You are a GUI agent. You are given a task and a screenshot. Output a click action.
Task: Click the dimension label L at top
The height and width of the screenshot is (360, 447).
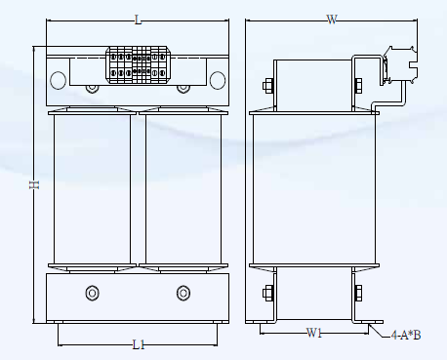139,20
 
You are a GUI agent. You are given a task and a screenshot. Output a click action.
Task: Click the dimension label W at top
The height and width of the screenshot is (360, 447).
332,20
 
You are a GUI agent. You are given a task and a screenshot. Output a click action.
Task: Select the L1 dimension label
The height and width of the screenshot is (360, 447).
139,344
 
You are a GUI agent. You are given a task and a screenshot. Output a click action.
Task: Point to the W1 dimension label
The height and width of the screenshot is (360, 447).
314,333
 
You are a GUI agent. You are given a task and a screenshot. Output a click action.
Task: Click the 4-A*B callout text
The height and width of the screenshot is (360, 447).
406,335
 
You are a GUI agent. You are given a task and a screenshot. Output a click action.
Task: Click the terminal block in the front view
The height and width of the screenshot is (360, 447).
139,65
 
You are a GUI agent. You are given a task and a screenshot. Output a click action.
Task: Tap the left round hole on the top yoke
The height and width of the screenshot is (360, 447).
59,80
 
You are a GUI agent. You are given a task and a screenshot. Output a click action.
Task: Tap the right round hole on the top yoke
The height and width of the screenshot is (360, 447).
218,80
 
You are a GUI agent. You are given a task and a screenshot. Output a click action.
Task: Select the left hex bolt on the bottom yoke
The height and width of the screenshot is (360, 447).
92,293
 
